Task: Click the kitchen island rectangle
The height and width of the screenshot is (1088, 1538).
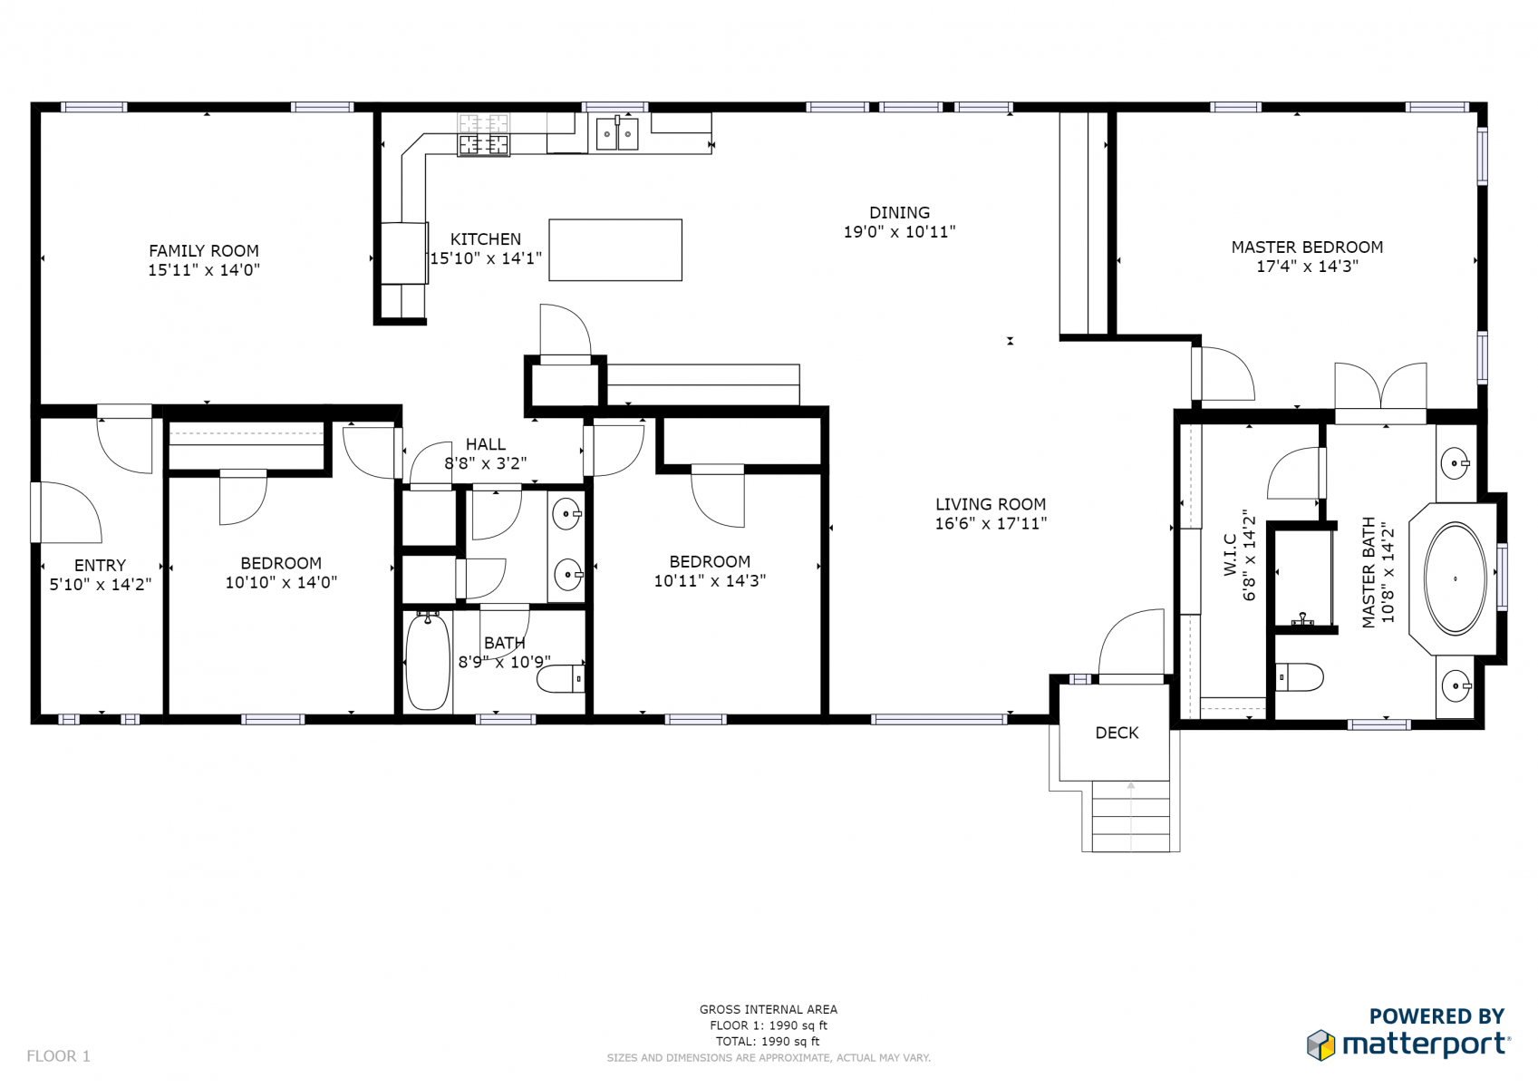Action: point(615,250)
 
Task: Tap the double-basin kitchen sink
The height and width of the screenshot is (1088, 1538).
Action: point(616,133)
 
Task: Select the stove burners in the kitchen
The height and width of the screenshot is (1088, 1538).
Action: point(484,135)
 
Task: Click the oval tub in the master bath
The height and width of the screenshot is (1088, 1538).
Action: point(1455,578)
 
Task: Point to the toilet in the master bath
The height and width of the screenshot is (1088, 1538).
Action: point(1299,677)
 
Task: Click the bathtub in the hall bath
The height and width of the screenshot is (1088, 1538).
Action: point(428,661)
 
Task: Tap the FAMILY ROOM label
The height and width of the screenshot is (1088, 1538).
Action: point(204,251)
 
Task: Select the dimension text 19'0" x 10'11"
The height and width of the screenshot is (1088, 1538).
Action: point(899,232)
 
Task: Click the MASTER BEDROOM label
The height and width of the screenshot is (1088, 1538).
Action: point(1307,248)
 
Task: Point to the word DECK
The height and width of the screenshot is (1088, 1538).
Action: point(1117,733)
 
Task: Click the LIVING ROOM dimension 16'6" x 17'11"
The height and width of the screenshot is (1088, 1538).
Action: point(991,523)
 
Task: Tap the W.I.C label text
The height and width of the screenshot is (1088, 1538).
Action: point(1231,555)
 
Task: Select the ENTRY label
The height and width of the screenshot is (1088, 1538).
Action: point(101,565)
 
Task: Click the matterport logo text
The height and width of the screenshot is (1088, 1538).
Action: point(1427,1044)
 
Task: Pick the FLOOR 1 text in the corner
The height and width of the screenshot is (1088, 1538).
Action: point(58,1055)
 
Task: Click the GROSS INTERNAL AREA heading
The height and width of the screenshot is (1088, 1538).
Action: point(769,1009)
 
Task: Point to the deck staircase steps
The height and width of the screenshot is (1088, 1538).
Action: point(1131,817)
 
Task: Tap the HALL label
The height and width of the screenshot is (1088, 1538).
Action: point(486,444)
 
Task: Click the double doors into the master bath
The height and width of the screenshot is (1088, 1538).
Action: point(1381,387)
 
